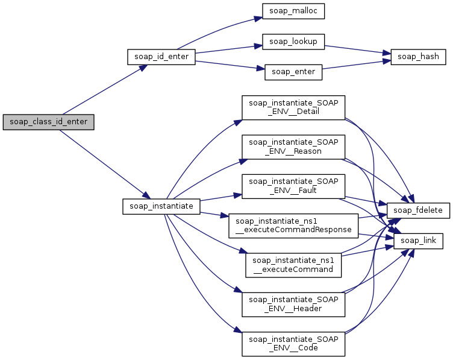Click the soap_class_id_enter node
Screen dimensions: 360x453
click(49, 122)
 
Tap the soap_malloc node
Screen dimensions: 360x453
click(285, 11)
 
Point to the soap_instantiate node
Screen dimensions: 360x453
click(161, 206)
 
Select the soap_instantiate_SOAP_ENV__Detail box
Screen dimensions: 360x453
click(293, 107)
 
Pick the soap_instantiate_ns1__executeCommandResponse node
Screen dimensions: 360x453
click(293, 226)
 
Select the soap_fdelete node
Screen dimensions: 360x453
click(418, 210)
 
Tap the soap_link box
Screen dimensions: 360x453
click(419, 241)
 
